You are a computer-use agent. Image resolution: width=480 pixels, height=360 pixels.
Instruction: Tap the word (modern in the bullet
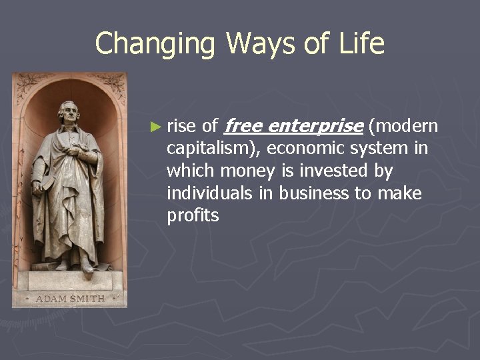(403, 126)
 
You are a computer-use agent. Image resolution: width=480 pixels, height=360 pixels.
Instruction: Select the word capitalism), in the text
(213, 149)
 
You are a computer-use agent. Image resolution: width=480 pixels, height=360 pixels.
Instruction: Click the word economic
(309, 149)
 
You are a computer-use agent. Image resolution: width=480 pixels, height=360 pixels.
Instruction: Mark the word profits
(193, 216)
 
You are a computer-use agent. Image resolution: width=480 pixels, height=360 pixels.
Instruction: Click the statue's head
(69, 113)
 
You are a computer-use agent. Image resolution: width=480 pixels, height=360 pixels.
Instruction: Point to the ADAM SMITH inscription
(70, 299)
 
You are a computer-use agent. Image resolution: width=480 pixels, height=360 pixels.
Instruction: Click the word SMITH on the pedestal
(87, 299)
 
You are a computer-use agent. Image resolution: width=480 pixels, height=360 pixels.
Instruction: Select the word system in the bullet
(383, 149)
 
